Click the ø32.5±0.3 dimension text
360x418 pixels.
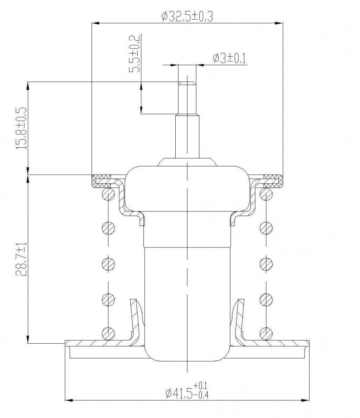pos(187,16)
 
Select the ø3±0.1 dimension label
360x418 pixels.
pos(229,58)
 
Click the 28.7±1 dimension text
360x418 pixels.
pos(21,259)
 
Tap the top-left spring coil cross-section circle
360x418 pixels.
pos(108,193)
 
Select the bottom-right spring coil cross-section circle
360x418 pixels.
pos(266,333)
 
